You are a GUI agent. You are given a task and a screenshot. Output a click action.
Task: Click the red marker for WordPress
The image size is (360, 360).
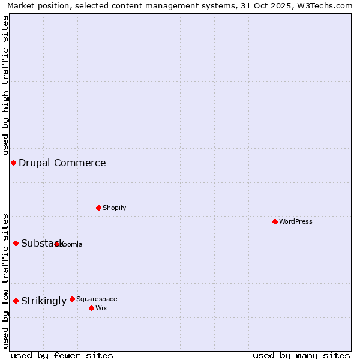(275, 221)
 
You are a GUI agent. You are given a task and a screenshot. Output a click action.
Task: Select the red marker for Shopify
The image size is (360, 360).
(99, 208)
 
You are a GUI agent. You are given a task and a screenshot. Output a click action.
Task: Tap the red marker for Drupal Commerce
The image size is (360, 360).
(13, 163)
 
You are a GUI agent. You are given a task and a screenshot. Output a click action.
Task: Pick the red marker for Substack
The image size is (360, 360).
(16, 243)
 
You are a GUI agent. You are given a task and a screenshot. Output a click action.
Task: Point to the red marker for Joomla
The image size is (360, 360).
(57, 244)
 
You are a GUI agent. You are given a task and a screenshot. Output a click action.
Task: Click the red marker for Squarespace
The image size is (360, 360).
(73, 299)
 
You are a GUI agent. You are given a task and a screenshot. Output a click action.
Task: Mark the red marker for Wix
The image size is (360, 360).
(91, 308)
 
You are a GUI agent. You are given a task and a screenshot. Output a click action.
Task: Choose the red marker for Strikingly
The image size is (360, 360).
(16, 301)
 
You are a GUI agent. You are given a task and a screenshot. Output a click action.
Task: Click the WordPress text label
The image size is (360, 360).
(296, 221)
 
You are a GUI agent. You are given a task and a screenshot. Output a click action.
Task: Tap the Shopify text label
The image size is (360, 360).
(115, 208)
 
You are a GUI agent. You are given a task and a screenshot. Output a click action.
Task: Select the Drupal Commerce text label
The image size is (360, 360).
(62, 163)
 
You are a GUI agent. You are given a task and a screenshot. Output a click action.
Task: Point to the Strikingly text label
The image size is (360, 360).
(44, 301)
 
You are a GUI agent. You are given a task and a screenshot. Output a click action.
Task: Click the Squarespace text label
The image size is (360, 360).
(97, 299)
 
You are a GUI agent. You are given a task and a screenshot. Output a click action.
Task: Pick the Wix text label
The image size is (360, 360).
(101, 308)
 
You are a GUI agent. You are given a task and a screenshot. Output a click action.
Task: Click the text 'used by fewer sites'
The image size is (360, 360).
(62, 355)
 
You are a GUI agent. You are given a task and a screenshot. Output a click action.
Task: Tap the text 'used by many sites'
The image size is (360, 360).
(301, 355)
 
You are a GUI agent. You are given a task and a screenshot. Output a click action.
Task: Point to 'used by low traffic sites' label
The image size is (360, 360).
(6, 280)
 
